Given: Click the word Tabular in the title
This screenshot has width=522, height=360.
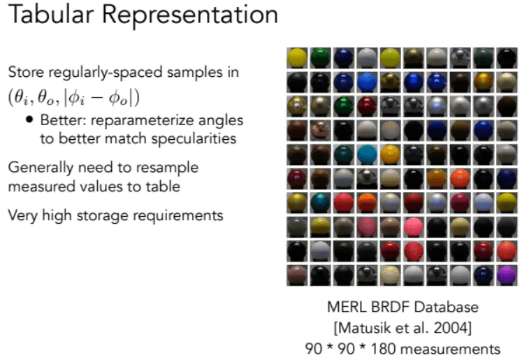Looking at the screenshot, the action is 51,14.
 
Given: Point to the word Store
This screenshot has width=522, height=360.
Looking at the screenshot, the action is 26,72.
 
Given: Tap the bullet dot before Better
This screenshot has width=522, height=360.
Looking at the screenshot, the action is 29,120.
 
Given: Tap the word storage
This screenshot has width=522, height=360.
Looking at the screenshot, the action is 102,217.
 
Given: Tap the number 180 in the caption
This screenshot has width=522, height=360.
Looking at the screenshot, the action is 383,350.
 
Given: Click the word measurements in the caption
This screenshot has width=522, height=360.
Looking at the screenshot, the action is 450,350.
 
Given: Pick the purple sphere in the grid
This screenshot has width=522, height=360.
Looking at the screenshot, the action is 507,275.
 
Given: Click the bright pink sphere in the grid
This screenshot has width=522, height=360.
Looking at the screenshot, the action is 414,227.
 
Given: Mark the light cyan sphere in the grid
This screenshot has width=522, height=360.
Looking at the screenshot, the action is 367,154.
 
